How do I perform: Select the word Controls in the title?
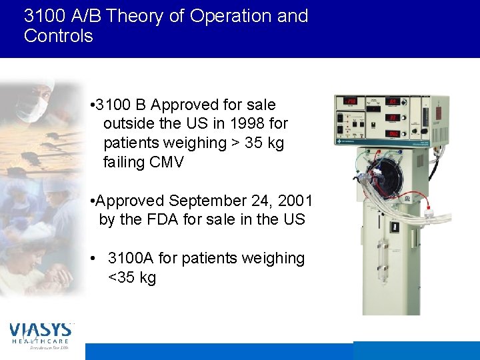(x=58, y=36)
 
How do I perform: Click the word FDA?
(x=177, y=219)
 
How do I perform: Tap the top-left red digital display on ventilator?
(x=349, y=102)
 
